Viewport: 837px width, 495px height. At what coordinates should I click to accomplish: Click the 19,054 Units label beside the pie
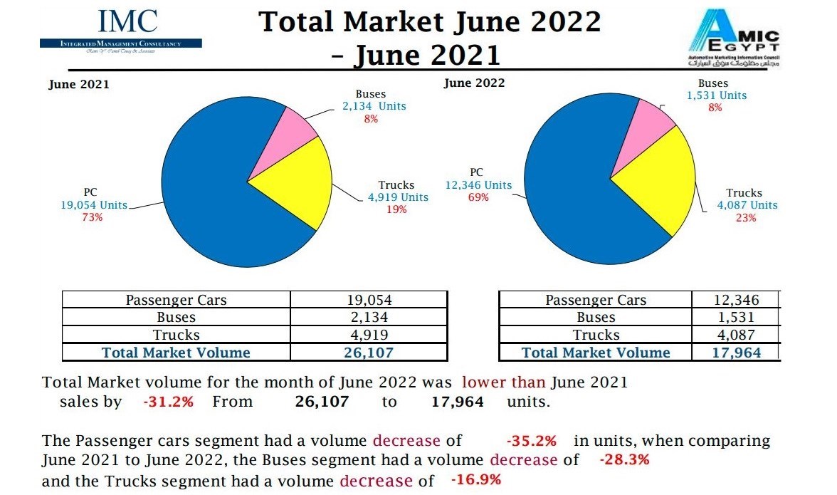94,205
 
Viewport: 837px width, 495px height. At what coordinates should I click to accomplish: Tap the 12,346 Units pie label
478,185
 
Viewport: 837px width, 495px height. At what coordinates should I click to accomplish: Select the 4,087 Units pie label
747,205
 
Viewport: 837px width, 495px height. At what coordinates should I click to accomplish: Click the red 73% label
92,217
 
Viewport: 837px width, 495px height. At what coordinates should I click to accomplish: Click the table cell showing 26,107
369,352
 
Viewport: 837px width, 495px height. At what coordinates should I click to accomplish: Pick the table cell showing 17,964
736,352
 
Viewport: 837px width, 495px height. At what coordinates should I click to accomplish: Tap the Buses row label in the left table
176,318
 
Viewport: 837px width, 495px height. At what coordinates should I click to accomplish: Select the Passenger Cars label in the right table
596,300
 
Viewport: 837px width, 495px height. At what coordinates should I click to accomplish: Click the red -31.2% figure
168,402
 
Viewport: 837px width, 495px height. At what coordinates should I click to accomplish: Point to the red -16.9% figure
476,479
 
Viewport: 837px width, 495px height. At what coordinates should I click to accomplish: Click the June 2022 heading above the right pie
474,83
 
